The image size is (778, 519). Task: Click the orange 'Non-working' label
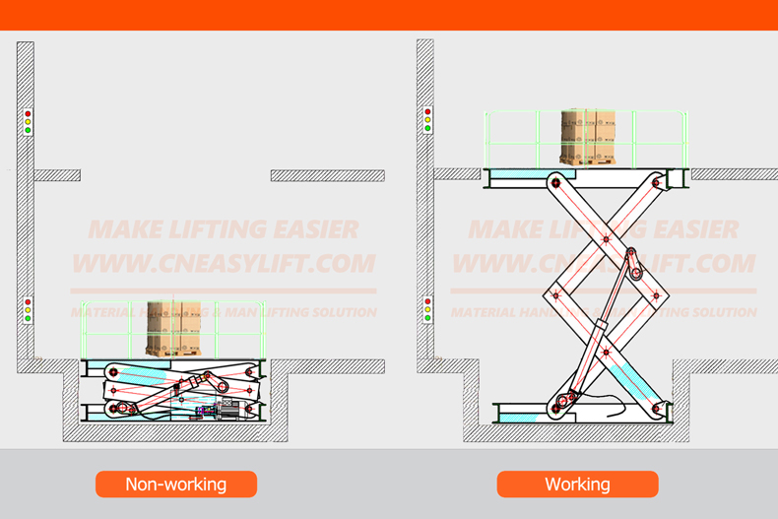(x=175, y=484)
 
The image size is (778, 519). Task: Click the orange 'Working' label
(x=577, y=484)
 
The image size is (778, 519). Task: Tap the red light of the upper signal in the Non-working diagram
(x=28, y=115)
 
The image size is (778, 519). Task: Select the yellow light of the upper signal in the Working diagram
(x=427, y=121)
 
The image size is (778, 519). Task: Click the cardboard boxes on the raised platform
(x=588, y=136)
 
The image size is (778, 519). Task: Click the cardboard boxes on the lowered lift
(x=173, y=328)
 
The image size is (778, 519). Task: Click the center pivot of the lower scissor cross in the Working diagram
(x=606, y=350)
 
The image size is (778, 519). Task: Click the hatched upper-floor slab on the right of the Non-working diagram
(x=327, y=175)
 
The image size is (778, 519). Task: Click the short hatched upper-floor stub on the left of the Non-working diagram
(x=57, y=175)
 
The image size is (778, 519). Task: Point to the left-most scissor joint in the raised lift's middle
(x=555, y=294)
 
